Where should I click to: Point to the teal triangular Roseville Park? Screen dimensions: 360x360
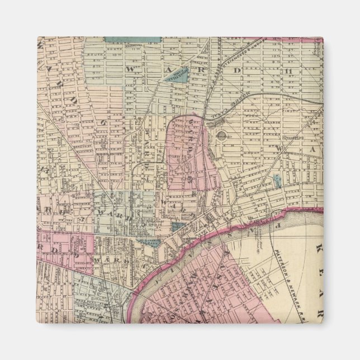point(181,75)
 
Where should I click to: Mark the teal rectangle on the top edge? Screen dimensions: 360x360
point(132,40)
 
